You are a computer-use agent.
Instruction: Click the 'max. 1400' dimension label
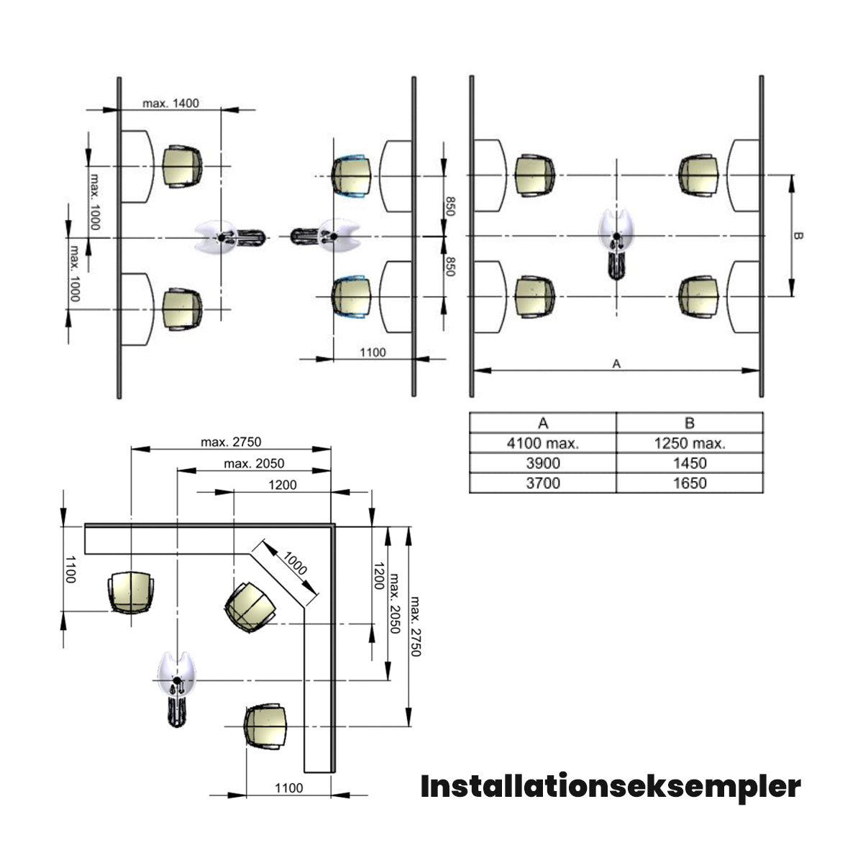170,104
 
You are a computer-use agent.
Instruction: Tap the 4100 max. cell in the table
543,443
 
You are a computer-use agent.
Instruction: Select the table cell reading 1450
689,463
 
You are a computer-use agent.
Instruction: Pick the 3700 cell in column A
543,483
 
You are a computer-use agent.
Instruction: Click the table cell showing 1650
689,483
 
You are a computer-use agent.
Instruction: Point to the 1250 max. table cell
689,443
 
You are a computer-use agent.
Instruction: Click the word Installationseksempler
610,787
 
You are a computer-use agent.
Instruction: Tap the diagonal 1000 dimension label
294,563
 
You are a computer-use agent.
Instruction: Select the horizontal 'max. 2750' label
231,442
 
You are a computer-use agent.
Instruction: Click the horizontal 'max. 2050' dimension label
254,463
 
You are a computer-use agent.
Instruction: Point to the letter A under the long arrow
616,364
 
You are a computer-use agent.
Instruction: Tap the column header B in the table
689,423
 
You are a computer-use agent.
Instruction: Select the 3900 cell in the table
543,463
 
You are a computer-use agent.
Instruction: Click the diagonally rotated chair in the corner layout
250,607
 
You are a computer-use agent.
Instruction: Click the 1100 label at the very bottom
288,787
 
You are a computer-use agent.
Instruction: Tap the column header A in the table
543,423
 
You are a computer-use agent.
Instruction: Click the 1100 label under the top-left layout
372,352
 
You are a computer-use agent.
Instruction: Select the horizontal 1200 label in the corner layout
283,485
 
